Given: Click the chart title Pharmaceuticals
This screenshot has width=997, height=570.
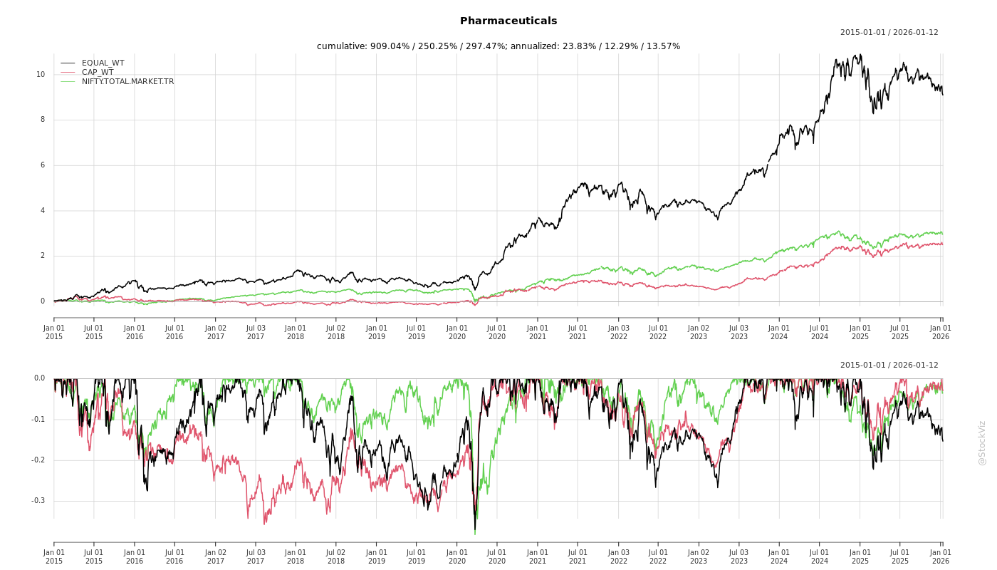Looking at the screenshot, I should click(508, 21).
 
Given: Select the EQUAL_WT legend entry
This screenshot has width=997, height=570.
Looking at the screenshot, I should click(103, 63).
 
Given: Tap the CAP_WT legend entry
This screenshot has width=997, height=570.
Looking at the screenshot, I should click(97, 72).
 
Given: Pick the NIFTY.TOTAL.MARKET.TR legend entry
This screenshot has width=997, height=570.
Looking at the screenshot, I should click(127, 81).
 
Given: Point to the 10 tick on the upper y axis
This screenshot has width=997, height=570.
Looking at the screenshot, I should click(41, 74).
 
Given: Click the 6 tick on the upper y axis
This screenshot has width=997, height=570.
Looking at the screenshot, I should click(43, 165).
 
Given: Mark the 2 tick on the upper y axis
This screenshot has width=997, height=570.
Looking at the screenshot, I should click(43, 256).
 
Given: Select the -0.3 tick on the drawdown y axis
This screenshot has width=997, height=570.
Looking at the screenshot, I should click(38, 501).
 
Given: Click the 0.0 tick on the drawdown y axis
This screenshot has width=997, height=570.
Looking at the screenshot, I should click(39, 378).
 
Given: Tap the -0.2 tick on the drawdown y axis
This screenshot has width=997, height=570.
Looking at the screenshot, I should click(38, 460).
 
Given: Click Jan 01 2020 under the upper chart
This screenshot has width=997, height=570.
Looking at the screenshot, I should click(457, 332).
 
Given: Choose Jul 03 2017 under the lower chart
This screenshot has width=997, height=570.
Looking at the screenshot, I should click(256, 556).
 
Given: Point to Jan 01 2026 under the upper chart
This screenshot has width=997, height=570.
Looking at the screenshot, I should click(941, 332).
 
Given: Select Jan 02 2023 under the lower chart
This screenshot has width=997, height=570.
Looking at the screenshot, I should click(699, 556).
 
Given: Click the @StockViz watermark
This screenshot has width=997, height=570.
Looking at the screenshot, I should click(982, 442).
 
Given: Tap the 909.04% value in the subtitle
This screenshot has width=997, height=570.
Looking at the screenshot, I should click(388, 46).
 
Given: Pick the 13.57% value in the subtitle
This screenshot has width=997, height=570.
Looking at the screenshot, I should click(664, 46).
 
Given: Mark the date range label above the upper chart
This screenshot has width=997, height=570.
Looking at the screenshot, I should click(889, 32).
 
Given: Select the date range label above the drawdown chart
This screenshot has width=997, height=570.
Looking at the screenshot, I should click(889, 365).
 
